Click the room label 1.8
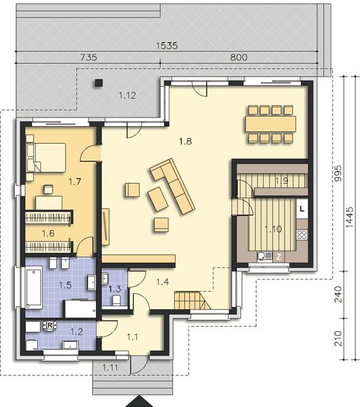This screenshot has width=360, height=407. (x=185, y=142)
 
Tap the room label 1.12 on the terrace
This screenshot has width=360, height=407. (x=127, y=95)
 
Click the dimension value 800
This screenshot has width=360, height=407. (x=239, y=58)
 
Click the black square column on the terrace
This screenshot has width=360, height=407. (x=98, y=83)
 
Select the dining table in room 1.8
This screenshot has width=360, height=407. (x=271, y=123)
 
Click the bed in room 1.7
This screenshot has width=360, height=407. (x=45, y=157)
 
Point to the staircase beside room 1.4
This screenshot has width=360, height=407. (x=188, y=298)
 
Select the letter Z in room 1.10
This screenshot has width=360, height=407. (x=277, y=256)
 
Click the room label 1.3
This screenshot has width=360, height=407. (x=115, y=289)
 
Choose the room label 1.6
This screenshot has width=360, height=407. (x=47, y=233)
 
